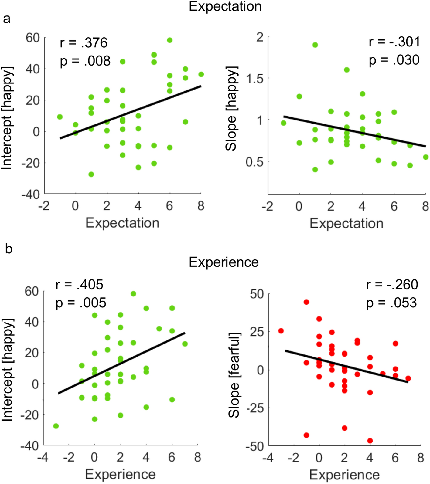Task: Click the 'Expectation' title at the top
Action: click(x=225, y=6)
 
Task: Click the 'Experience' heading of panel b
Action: click(x=224, y=262)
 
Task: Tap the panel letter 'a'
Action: click(x=6, y=19)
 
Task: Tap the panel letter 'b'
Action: click(x=9, y=249)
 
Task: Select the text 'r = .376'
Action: click(x=84, y=43)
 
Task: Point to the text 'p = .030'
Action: click(x=394, y=60)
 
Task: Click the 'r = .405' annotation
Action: click(x=79, y=285)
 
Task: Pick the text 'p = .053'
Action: click(x=391, y=303)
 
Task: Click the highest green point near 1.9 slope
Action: click(x=315, y=45)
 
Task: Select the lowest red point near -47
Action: click(x=370, y=441)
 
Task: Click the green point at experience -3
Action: click(x=56, y=426)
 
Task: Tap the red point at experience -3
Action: click(x=281, y=331)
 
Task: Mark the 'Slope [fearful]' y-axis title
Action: click(x=234, y=375)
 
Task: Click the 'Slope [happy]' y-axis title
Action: click(x=231, y=108)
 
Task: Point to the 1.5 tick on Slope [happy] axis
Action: click(x=255, y=79)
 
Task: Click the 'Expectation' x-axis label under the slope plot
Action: click(x=346, y=224)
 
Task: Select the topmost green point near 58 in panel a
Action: click(x=170, y=40)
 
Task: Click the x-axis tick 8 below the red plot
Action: click(x=420, y=458)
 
